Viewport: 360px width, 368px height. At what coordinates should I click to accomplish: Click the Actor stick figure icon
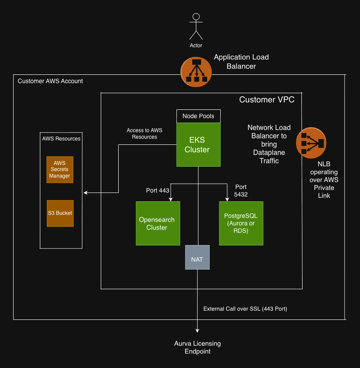[196, 28]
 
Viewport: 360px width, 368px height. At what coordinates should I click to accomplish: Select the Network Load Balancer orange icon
[310, 143]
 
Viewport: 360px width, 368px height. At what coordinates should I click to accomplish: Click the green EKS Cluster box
[198, 144]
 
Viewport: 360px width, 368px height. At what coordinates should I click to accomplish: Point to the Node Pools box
[198, 116]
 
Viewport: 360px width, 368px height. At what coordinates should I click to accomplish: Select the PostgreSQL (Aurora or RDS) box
[241, 223]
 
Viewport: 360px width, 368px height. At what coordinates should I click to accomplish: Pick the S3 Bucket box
[60, 213]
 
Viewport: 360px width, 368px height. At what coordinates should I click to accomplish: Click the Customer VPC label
[267, 100]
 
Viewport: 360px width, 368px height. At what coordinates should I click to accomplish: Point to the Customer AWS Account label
[50, 81]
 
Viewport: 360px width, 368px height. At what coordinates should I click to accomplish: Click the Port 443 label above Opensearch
[157, 190]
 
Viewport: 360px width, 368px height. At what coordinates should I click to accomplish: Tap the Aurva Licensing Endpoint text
[198, 347]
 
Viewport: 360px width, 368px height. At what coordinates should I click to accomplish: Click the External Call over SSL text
[245, 309]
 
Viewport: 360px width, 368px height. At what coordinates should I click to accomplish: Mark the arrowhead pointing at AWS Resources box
[85, 193]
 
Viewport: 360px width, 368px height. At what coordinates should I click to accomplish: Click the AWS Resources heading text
[61, 139]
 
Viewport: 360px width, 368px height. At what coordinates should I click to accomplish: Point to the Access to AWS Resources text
[144, 133]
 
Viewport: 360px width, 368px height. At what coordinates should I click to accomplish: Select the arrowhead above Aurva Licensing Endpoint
[198, 331]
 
